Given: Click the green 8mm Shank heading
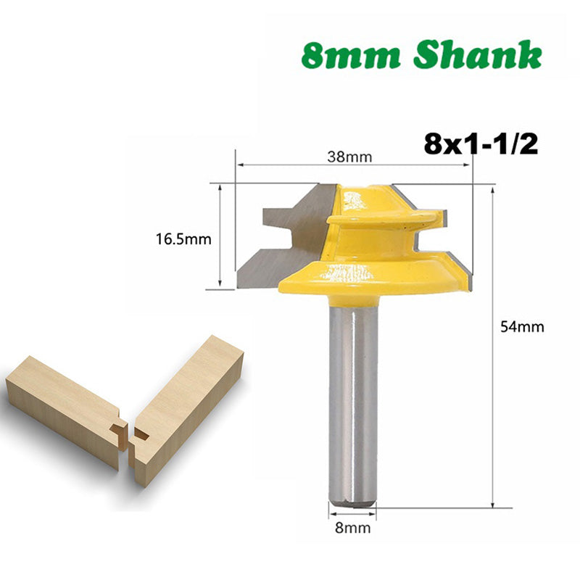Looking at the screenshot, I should click(x=422, y=56).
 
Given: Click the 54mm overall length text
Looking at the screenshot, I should click(x=522, y=326).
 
